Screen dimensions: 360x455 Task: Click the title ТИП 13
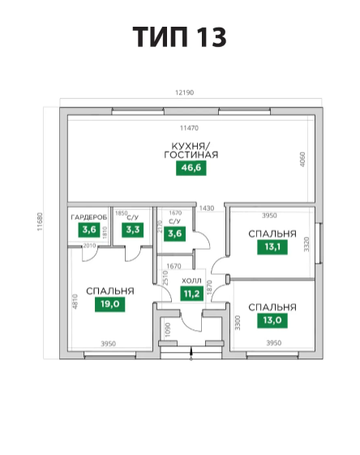click(x=179, y=36)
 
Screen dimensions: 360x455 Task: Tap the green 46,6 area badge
click(x=191, y=168)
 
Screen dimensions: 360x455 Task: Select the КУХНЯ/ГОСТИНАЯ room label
click(x=191, y=150)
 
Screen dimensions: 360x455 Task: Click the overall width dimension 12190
click(x=185, y=92)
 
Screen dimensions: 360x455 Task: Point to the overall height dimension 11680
click(x=40, y=221)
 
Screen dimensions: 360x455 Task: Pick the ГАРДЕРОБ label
click(x=89, y=217)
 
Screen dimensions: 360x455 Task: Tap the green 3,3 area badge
click(x=133, y=230)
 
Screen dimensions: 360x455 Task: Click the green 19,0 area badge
click(x=110, y=304)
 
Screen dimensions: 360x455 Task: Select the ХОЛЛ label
click(x=191, y=281)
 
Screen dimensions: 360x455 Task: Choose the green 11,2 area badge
click(x=191, y=294)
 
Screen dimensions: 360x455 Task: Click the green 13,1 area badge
click(x=272, y=247)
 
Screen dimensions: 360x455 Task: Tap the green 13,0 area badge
click(x=272, y=320)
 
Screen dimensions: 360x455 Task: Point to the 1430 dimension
click(x=207, y=208)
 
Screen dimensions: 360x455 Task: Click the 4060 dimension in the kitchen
click(x=302, y=159)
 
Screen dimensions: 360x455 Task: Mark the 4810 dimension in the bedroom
click(x=75, y=302)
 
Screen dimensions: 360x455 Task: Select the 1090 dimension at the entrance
click(x=168, y=330)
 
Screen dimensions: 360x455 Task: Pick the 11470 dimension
click(x=189, y=128)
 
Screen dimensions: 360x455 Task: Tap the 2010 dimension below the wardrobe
click(x=89, y=246)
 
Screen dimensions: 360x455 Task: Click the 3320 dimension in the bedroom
click(x=306, y=244)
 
